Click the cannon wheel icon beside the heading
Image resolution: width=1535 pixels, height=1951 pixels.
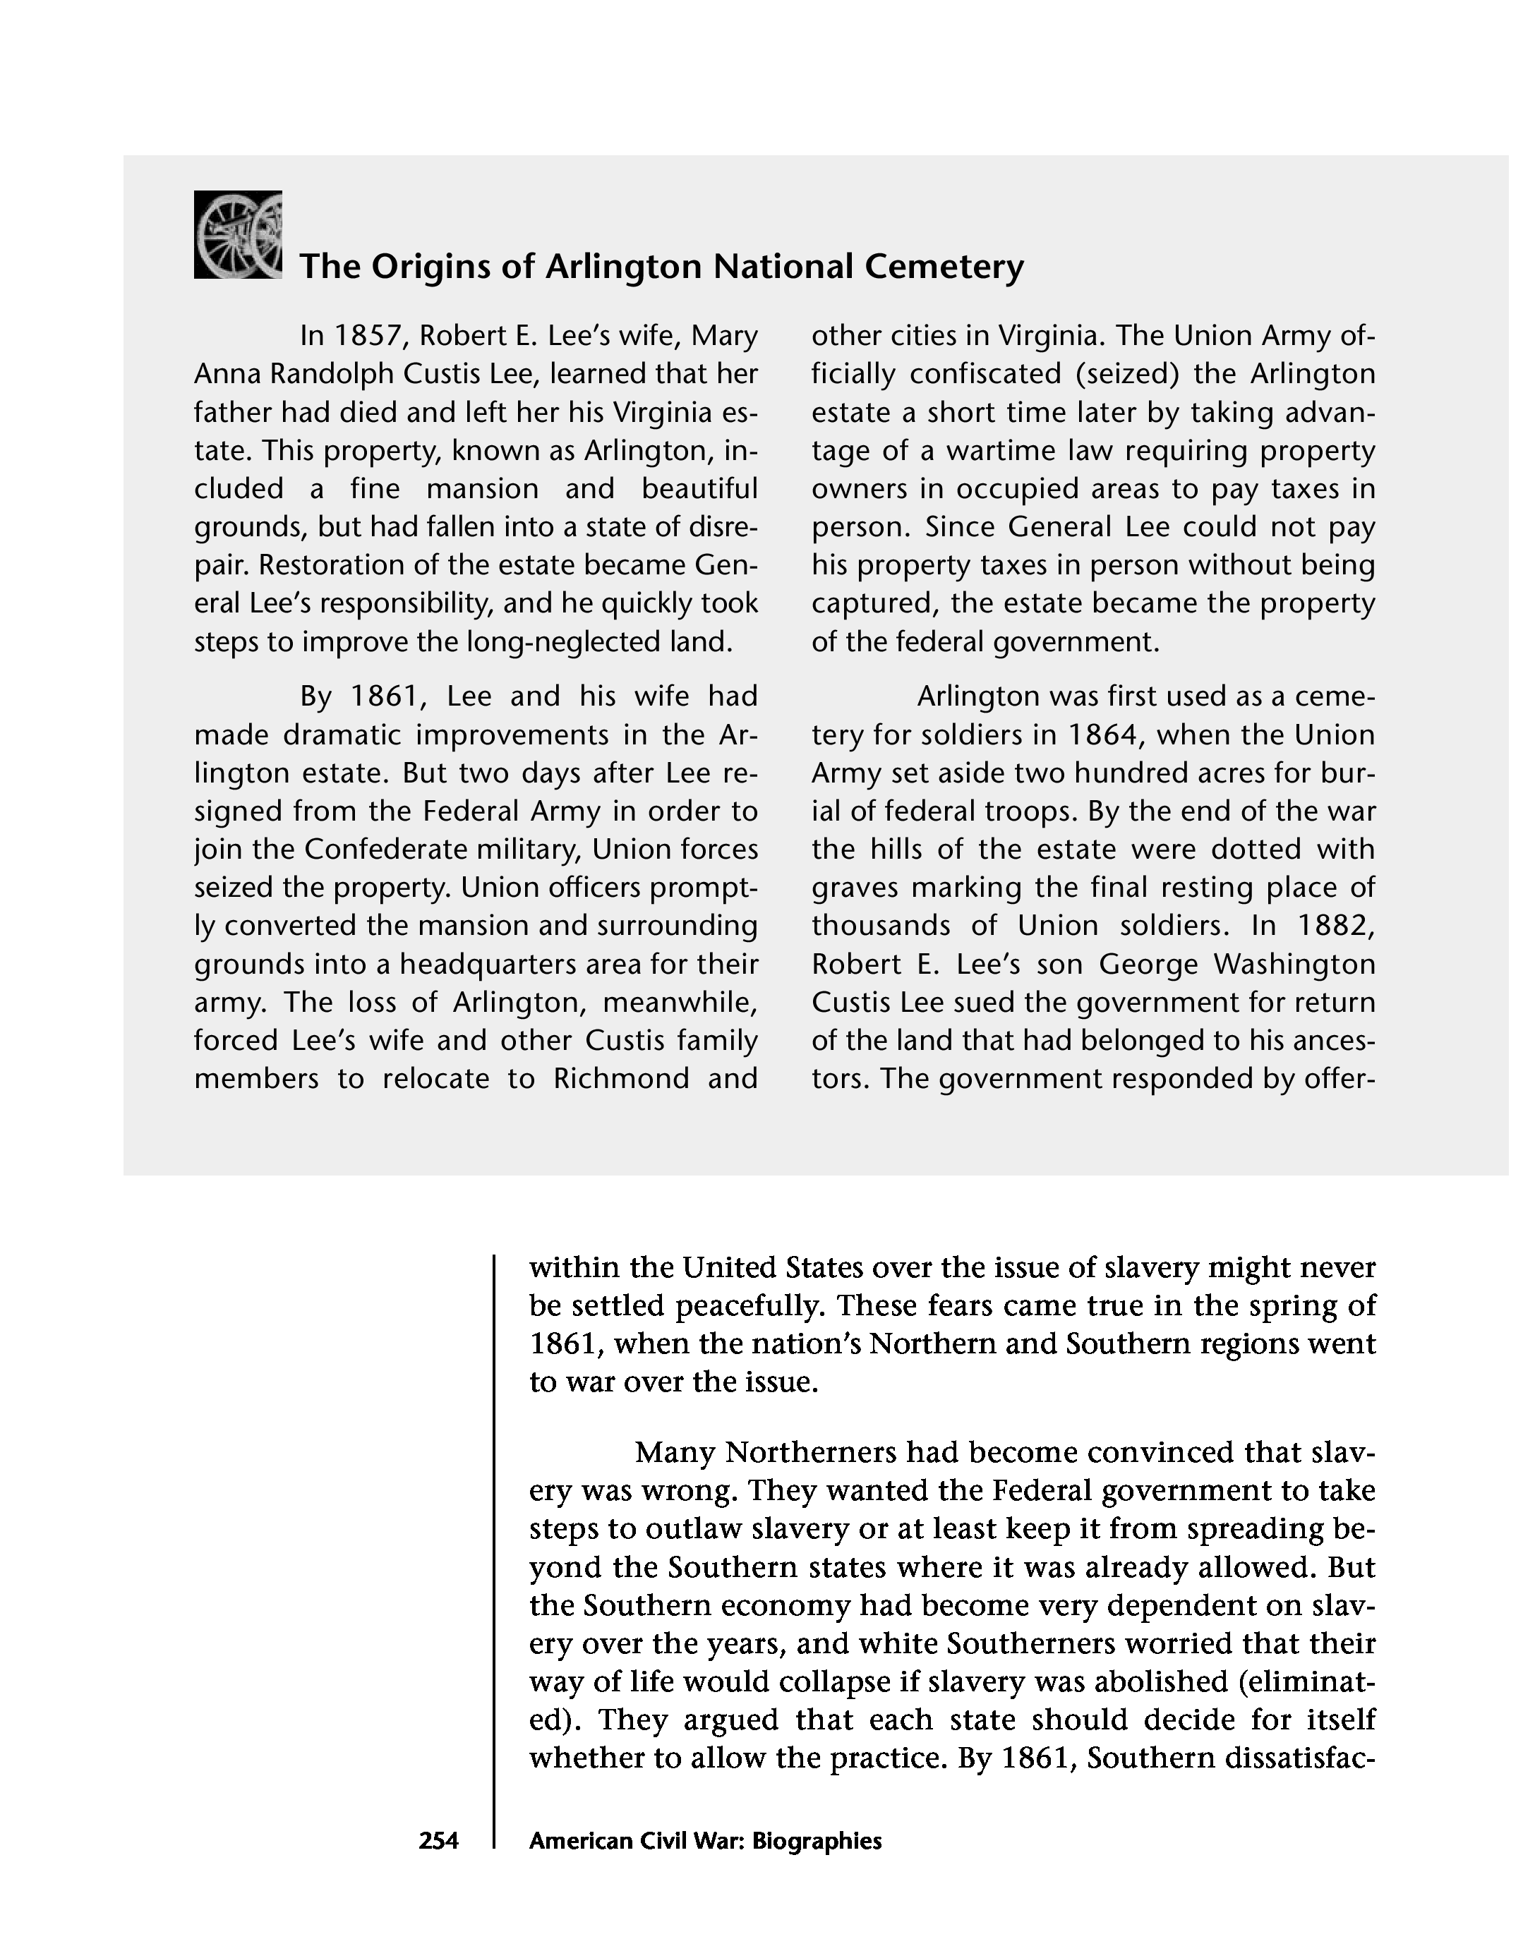(238, 234)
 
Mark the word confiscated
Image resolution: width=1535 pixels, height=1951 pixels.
(987, 374)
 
